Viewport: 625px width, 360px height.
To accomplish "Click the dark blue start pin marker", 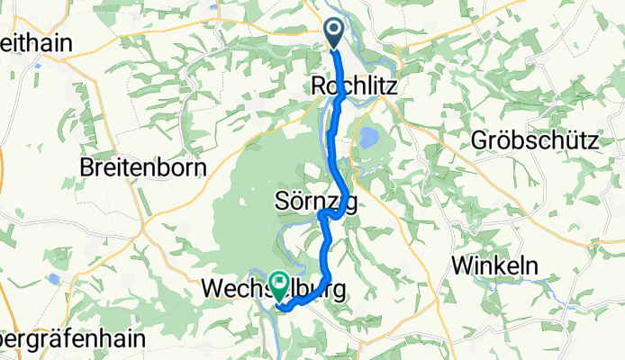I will coord(333,34).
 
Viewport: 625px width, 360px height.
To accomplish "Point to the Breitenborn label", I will coord(143,167).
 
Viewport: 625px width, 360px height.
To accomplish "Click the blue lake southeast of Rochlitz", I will coord(368,137).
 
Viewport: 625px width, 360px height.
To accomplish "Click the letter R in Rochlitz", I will coord(317,86).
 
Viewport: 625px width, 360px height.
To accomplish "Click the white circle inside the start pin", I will coord(333,31).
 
